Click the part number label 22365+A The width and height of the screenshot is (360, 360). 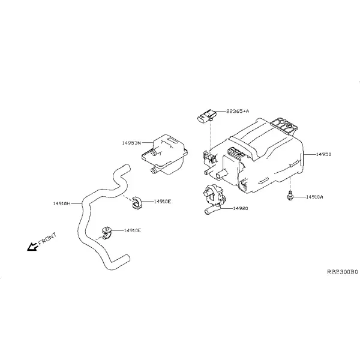tap(238, 112)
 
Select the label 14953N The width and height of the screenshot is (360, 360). tap(131, 143)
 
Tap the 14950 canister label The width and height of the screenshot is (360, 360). tap(324, 154)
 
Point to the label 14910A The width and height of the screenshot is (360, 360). tap(314, 197)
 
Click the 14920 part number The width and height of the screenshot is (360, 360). tap(241, 208)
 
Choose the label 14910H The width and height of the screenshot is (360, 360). tap(62, 203)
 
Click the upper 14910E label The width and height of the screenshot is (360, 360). tap(163, 202)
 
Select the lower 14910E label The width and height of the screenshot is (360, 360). tap(133, 230)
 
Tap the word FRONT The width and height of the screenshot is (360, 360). tap(47, 239)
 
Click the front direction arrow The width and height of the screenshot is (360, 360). tap(32, 247)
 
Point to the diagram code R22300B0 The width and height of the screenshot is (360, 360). tap(343, 272)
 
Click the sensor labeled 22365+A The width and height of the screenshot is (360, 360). tap(207, 116)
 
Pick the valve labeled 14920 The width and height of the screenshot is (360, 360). tap(214, 199)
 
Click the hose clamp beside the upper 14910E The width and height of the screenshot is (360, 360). tap(137, 203)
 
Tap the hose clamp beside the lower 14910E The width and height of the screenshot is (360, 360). tap(106, 233)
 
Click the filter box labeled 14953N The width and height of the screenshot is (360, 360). tap(164, 155)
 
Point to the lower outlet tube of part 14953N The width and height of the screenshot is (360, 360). tap(154, 170)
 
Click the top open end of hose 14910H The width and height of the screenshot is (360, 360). tap(127, 167)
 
